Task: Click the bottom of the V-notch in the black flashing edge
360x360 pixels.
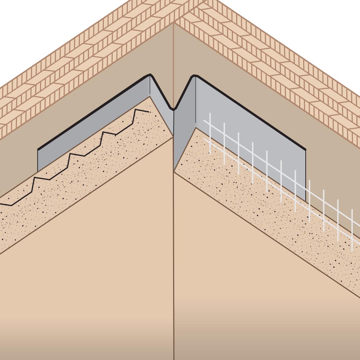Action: (174, 109)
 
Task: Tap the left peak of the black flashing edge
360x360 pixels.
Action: (150, 75)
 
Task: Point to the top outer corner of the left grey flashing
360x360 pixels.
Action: (38, 149)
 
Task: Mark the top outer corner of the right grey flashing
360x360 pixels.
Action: (305, 150)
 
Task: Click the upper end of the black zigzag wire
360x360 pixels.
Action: (148, 112)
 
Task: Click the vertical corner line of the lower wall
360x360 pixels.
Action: (174, 270)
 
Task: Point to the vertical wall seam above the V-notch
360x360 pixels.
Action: (174, 65)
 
